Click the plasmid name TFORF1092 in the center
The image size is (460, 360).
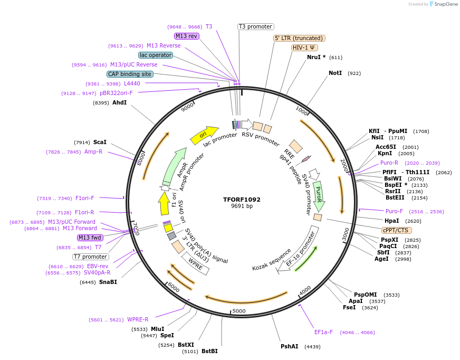242,200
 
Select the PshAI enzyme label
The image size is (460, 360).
290,346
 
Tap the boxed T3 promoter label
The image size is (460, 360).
256,26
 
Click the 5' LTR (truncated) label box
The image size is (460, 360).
299,38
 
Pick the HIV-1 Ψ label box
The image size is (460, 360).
304,48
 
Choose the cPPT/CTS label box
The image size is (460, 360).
397,230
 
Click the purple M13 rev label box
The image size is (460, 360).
186,36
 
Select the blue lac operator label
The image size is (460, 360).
156,55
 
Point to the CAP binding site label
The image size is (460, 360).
130,74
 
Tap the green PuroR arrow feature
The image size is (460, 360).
319,193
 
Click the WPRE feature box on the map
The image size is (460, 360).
196,264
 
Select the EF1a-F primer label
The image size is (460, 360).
323,332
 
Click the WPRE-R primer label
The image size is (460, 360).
138,319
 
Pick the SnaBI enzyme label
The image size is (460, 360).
108,282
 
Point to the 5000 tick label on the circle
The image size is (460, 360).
239,311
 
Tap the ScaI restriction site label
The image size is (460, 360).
100,142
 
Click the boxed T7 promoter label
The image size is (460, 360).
91,257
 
